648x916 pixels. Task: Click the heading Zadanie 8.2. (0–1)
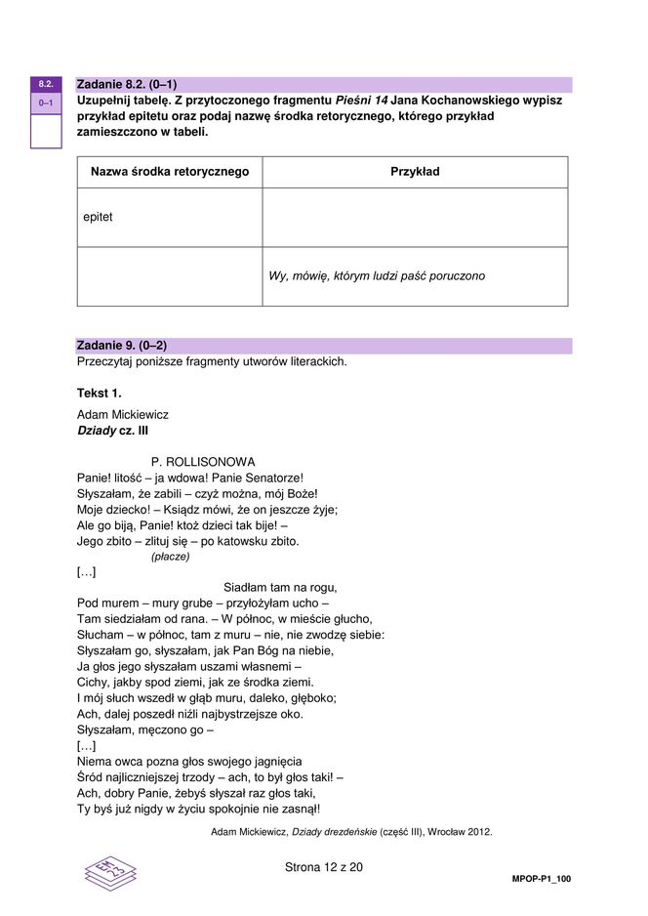[x=126, y=84]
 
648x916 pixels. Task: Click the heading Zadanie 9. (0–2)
[x=121, y=346]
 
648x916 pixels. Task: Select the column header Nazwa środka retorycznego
[x=170, y=172]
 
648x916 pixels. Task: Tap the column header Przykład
[x=415, y=172]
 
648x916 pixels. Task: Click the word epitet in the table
[x=99, y=217]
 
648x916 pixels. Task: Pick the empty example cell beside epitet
[x=415, y=217]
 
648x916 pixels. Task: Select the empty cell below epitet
[x=170, y=276]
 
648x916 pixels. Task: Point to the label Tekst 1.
[x=100, y=393]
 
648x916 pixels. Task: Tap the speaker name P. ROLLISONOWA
[x=203, y=461]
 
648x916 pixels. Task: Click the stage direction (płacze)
[x=170, y=557]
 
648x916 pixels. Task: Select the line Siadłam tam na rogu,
[x=280, y=587]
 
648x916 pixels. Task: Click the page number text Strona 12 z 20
[x=324, y=866]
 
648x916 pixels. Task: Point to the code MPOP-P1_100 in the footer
[x=541, y=879]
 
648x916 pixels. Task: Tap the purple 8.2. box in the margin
[x=46, y=84]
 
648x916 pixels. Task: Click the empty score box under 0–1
[x=46, y=130]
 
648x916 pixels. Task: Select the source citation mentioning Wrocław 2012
[x=351, y=832]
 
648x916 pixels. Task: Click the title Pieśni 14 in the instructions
[x=363, y=101]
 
